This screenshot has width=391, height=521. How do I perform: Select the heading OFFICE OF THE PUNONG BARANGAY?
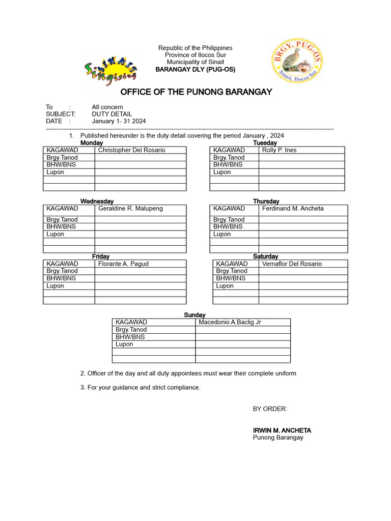[x=196, y=92]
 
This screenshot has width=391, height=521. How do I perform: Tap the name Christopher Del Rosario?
[x=131, y=150]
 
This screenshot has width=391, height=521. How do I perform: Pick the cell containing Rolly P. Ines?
[x=279, y=150]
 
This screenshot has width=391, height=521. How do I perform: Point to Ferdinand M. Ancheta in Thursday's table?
[x=293, y=209]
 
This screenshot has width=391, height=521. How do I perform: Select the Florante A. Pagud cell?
[x=123, y=264]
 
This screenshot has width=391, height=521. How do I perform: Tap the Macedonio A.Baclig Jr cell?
[x=230, y=322]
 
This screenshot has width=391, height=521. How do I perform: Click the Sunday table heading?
[x=194, y=315]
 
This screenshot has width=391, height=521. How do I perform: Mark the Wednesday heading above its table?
[x=97, y=201]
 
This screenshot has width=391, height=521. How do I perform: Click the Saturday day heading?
[x=266, y=256]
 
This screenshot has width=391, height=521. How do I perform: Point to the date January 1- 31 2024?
[x=119, y=121]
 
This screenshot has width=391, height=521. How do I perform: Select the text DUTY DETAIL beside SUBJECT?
[x=111, y=114]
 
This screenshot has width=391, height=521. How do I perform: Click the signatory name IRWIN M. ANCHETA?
[x=282, y=430]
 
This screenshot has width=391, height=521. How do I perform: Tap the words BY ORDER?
[x=270, y=409]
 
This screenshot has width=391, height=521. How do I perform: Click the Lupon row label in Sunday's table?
[x=124, y=344]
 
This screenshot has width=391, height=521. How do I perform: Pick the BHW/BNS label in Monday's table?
[x=61, y=165]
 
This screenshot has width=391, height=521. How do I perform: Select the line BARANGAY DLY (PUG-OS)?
[x=195, y=69]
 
